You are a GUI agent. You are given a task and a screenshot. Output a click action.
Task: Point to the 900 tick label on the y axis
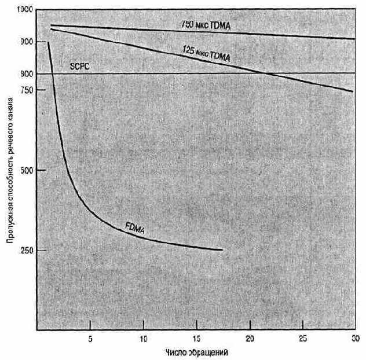pyautogui.click(x=27, y=42)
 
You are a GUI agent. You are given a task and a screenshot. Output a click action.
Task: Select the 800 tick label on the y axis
pyautogui.click(x=27, y=74)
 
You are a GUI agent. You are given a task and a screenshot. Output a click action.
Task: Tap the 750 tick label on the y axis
pyautogui.click(x=27, y=90)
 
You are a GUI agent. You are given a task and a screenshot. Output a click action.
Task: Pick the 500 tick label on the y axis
pyautogui.click(x=27, y=170)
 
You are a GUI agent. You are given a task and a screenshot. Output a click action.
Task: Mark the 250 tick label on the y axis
pyautogui.click(x=27, y=251)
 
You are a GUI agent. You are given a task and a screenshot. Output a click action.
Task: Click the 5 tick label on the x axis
pyautogui.click(x=90, y=337)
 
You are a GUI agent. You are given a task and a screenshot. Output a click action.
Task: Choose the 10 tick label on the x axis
pyautogui.click(x=144, y=337)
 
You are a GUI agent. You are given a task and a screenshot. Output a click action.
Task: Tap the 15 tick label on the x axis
pyautogui.click(x=197, y=337)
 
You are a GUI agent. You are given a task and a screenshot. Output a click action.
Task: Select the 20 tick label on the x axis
pyautogui.click(x=250, y=337)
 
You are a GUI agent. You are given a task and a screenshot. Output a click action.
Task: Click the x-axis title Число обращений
pyautogui.click(x=197, y=351)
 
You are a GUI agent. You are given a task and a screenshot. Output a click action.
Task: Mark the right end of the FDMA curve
pyautogui.click(x=222, y=250)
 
